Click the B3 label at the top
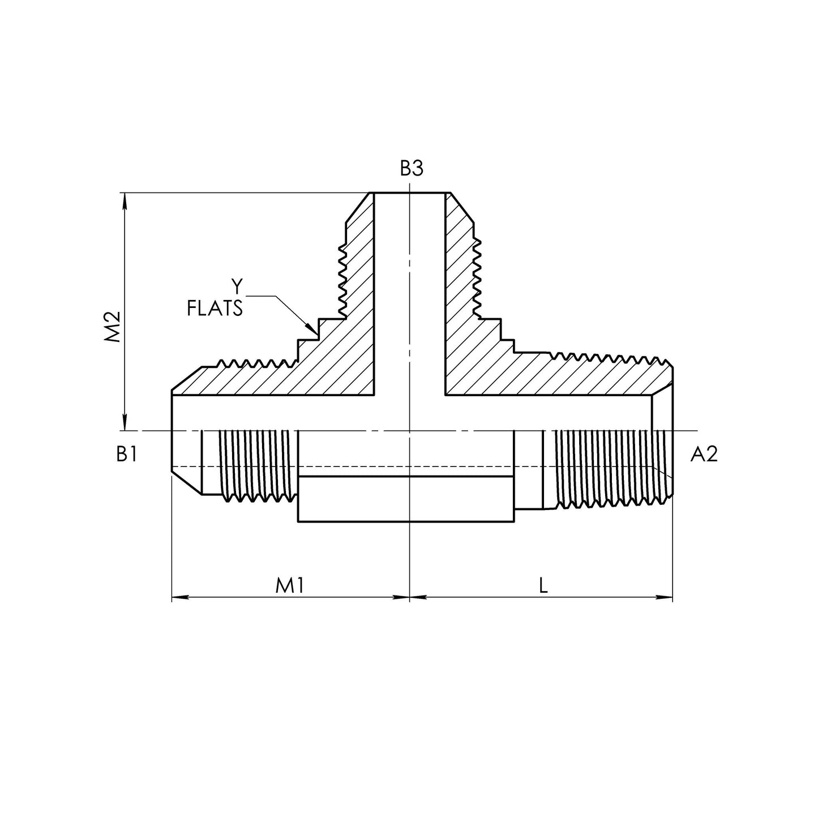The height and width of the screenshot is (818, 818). click(411, 169)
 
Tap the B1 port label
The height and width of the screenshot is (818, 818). click(126, 454)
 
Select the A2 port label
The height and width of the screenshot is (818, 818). click(704, 454)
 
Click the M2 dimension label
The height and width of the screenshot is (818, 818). click(113, 327)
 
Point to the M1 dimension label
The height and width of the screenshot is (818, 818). click(290, 586)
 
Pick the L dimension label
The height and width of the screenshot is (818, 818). click(543, 586)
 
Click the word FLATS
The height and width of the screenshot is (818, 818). click(215, 309)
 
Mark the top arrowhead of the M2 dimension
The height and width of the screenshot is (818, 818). click(125, 199)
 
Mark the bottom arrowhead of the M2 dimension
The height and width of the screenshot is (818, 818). click(125, 425)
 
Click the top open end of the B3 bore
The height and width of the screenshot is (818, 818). click(409, 194)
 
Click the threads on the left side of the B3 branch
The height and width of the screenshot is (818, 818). click(342, 280)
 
